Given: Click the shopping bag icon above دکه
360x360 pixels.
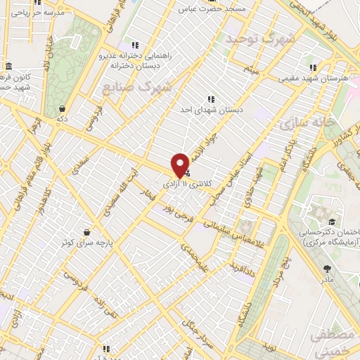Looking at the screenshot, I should [63, 109].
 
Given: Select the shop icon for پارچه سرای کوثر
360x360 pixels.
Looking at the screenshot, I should [86, 232].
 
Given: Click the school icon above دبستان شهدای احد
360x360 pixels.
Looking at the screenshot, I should [210, 100].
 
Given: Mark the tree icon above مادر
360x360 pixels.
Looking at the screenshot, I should [327, 268].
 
